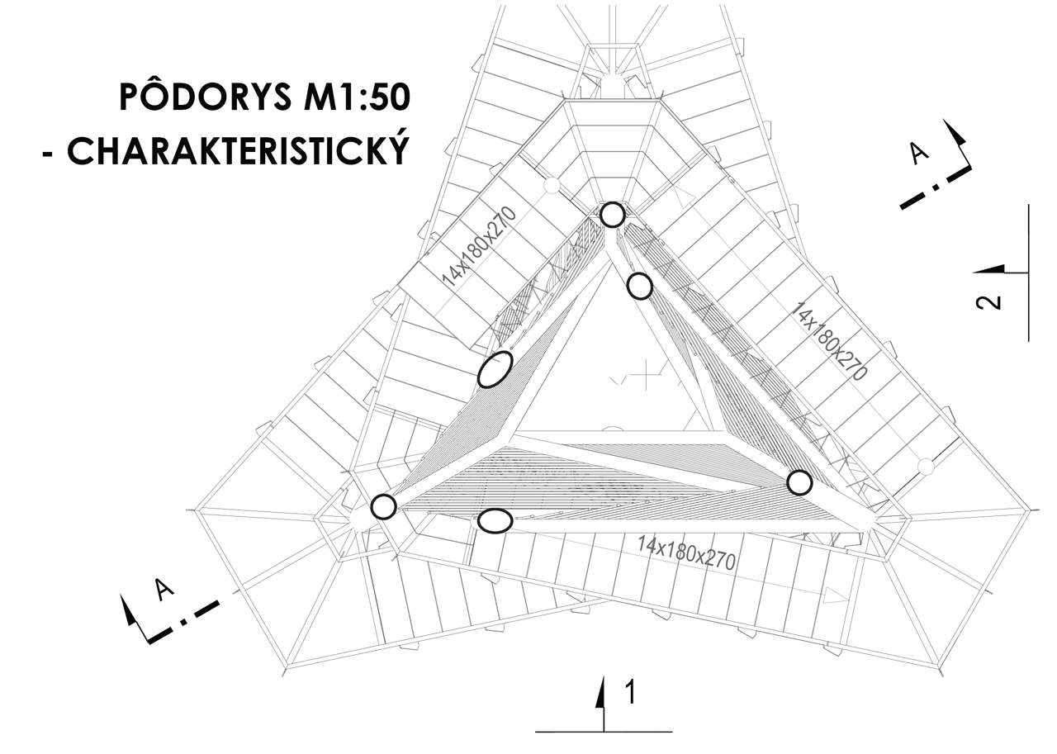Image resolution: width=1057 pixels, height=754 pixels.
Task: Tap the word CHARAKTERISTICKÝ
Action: click(238, 151)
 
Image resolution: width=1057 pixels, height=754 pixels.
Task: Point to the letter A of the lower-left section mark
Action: click(164, 588)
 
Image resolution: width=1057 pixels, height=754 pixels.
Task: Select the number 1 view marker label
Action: click(629, 693)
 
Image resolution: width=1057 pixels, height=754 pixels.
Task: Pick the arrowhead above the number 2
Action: click(991, 269)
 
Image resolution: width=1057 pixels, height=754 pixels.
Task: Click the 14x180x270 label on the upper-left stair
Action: click(479, 247)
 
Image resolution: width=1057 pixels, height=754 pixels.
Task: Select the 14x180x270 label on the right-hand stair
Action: click(829, 340)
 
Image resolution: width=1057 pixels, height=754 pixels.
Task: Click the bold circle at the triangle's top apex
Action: click(612, 215)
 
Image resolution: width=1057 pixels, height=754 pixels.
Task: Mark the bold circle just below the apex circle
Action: click(640, 287)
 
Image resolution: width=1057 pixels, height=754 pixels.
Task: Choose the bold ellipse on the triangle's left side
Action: click(495, 369)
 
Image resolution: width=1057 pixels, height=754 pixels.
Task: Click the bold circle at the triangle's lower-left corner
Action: click(383, 506)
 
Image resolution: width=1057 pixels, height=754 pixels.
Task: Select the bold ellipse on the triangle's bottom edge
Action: click(495, 521)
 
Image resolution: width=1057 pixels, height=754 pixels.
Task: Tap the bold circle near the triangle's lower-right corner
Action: click(799, 482)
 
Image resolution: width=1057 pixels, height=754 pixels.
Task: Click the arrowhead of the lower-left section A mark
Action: click(128, 610)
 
